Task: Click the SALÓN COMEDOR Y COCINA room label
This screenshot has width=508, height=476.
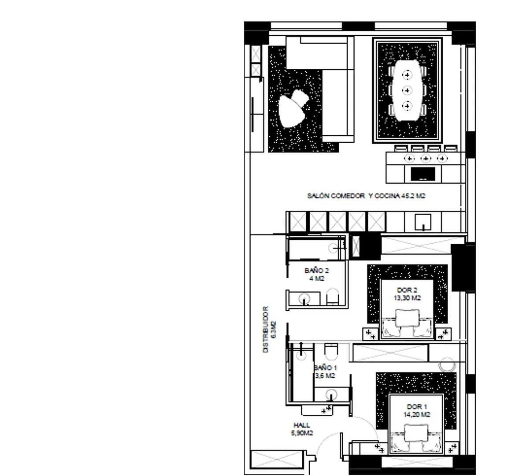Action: point(366,196)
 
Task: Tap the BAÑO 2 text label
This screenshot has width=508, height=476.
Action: point(316,271)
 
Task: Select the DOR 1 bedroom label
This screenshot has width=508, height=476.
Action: point(417,406)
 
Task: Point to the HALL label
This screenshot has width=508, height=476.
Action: point(302,425)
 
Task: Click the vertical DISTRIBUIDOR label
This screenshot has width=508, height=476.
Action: point(266,329)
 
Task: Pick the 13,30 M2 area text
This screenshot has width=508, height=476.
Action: point(407,298)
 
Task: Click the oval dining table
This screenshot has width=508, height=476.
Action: point(407,90)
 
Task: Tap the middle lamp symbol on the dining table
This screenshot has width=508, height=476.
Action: point(407,90)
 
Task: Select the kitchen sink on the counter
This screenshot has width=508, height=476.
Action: point(423,222)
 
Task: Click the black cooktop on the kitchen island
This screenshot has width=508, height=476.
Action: point(423,174)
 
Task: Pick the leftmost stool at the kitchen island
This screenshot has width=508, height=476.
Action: point(401,149)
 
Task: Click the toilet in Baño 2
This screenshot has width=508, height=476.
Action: point(332,297)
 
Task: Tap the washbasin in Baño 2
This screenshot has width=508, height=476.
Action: point(304,299)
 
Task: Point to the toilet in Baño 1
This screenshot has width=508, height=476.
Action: point(331,352)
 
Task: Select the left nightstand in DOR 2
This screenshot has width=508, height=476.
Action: point(370,334)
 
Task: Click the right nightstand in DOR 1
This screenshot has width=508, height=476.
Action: point(451,449)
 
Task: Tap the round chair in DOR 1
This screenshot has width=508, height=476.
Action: point(448,365)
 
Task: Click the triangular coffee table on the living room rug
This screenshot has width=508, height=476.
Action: point(292,110)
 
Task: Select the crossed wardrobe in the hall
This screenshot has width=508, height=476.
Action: point(277,459)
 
